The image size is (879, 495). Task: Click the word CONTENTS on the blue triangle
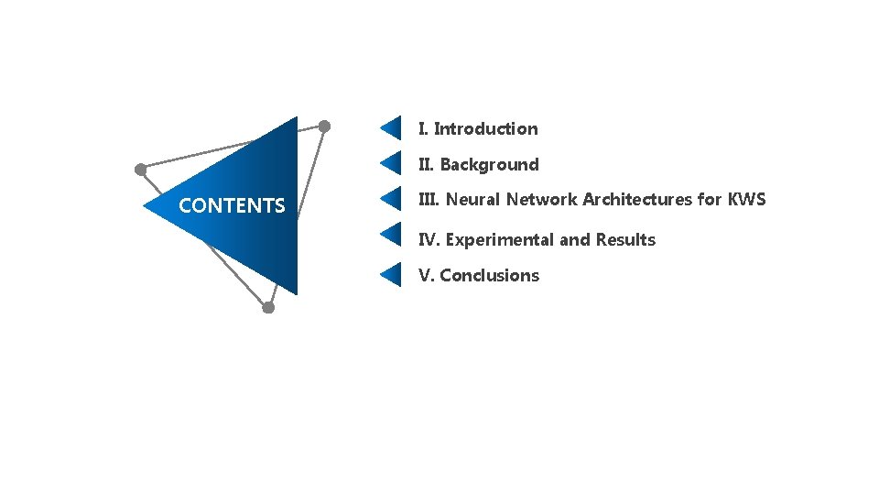tap(232, 206)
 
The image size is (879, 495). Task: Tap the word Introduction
tap(485, 129)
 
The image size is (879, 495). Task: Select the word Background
tap(489, 165)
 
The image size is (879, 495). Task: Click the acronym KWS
tap(747, 200)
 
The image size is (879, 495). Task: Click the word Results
tap(625, 240)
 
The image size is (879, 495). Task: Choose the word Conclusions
tap(489, 276)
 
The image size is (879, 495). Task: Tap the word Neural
tap(472, 200)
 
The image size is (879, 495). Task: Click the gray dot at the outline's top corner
tap(324, 126)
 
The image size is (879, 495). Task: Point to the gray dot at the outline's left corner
tap(140, 170)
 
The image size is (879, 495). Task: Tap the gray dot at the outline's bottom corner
tap(268, 308)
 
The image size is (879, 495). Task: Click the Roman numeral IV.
tap(429, 240)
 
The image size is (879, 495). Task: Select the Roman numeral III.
tap(429, 200)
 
